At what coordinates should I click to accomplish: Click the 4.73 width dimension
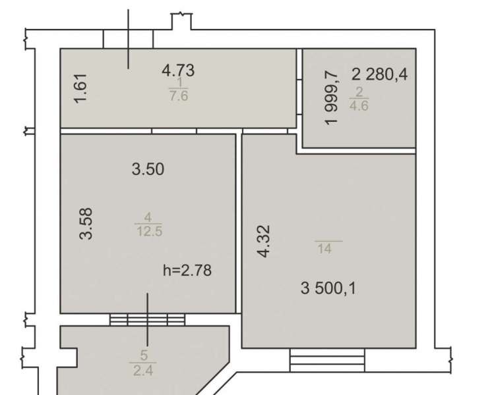point(178,70)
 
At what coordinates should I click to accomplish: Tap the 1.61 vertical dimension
point(80,88)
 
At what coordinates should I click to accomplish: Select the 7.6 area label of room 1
point(179,95)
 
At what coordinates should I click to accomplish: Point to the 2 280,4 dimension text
point(379,74)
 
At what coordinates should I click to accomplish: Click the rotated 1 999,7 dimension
point(331,97)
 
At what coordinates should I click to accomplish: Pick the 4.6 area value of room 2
point(359,106)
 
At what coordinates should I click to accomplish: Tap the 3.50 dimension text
point(148,169)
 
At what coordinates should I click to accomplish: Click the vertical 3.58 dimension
point(86,223)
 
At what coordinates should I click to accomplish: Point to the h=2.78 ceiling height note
point(187,270)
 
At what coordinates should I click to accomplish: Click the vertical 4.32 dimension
point(263,241)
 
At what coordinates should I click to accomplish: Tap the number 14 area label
point(324,249)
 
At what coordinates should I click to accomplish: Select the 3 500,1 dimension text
point(328,288)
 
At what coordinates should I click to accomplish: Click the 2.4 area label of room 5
point(143,371)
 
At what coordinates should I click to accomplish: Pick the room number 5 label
point(144,355)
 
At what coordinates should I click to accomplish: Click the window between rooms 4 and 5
point(147,319)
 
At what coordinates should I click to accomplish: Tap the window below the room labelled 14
point(327,360)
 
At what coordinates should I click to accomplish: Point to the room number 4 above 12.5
point(148,217)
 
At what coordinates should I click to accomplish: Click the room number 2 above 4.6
point(359,92)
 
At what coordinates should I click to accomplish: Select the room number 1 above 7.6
point(179,82)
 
